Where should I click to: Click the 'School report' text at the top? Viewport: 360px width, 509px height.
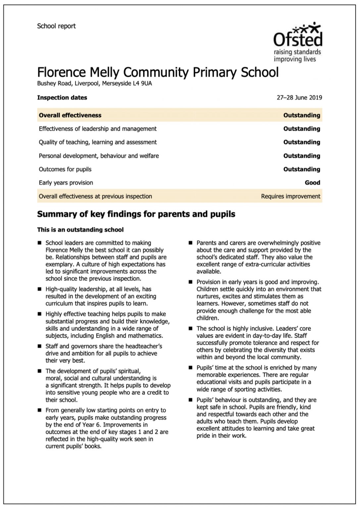click(x=56, y=26)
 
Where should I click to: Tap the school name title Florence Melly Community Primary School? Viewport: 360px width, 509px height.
click(x=158, y=72)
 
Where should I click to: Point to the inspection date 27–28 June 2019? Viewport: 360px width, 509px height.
click(x=299, y=98)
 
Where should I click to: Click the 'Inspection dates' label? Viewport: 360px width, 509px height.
click(x=62, y=98)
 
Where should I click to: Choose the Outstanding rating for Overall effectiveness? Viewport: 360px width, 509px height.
click(x=301, y=115)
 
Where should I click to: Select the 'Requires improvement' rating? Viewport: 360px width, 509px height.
click(x=290, y=196)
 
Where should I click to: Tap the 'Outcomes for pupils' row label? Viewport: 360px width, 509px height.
click(x=65, y=169)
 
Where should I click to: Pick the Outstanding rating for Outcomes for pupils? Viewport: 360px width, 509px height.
click(x=301, y=169)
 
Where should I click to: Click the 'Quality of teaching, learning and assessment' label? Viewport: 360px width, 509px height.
click(x=98, y=142)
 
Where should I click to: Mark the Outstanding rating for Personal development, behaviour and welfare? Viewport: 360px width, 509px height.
click(x=301, y=156)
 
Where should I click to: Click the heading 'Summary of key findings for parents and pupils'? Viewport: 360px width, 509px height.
click(x=136, y=214)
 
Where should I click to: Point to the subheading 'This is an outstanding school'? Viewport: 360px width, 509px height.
click(x=80, y=230)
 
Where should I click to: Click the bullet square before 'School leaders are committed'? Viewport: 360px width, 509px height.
click(x=40, y=243)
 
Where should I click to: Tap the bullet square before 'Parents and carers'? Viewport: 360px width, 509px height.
click(x=190, y=243)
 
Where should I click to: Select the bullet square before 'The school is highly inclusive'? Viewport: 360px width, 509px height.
click(x=190, y=329)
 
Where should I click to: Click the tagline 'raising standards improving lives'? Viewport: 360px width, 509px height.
click(x=297, y=56)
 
